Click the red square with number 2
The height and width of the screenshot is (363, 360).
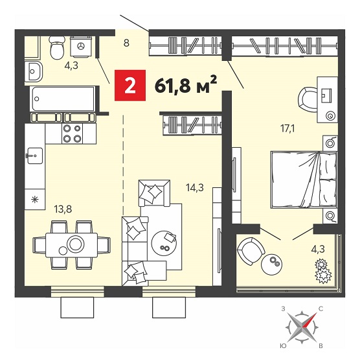[x=130, y=86]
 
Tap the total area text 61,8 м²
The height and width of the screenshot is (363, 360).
[x=186, y=86]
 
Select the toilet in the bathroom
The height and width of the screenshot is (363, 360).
[x=57, y=48]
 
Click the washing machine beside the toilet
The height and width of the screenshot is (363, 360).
[x=81, y=47]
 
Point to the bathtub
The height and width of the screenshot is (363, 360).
[x=63, y=99]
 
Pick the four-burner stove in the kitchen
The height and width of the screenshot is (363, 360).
[x=72, y=134]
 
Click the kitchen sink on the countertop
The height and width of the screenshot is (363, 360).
[x=35, y=156]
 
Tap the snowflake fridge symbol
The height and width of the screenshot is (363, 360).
[x=35, y=200]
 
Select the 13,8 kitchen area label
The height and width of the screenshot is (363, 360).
[x=63, y=209]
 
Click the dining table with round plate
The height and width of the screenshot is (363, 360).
[x=71, y=245]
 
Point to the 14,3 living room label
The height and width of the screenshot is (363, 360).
[x=195, y=187]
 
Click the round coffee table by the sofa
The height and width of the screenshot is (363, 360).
[x=164, y=243]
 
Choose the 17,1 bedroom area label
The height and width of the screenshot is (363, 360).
[x=287, y=128]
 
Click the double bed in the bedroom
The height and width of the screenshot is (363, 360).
[x=304, y=180]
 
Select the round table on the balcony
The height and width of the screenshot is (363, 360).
[x=271, y=264]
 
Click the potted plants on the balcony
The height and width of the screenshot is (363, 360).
[x=323, y=272]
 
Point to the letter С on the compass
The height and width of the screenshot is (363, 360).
[x=321, y=309]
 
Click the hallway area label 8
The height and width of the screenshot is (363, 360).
[x=126, y=43]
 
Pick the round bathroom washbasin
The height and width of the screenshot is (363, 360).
[x=34, y=71]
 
